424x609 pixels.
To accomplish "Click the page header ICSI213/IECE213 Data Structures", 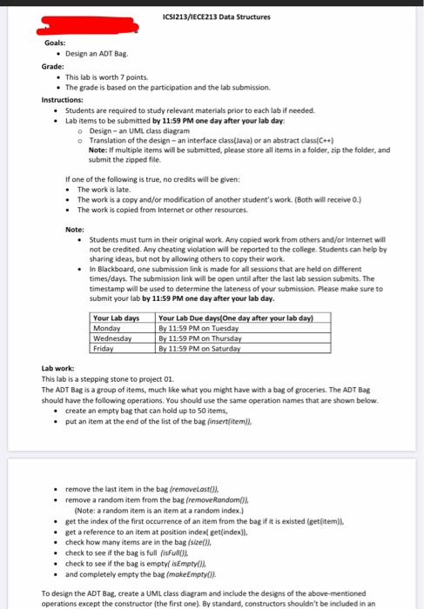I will click(216, 17).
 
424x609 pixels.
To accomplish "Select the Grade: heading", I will click(52, 66).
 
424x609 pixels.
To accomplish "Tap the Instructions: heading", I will click(64, 100).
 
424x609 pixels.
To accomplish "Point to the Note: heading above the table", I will click(75, 229).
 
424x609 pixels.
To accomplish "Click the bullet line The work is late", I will click(104, 188).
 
